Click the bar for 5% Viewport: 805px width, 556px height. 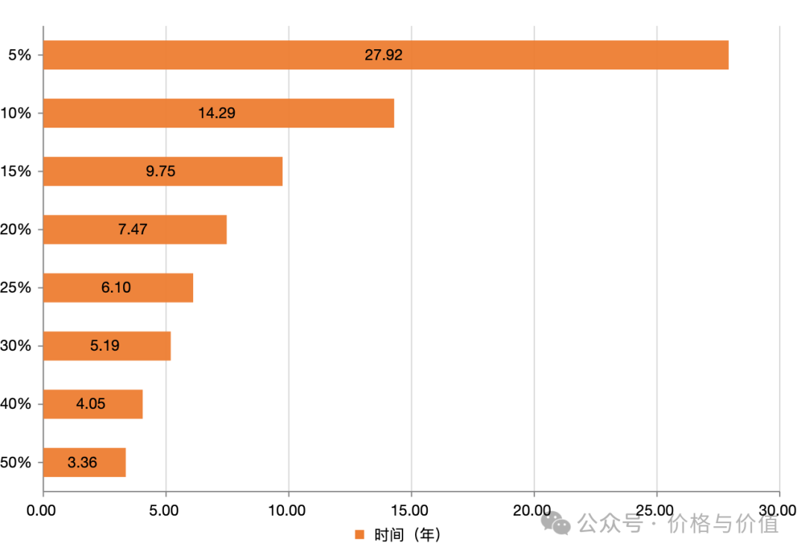385,55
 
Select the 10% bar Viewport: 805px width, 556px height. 218,113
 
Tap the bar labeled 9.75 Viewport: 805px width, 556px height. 162,172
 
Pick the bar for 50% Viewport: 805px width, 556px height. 84,463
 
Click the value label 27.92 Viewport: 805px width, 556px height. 384,55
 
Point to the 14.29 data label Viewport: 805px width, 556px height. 218,113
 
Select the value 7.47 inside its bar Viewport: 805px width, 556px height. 133,230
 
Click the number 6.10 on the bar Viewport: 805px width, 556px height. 116,287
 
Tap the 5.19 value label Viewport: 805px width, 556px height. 104,346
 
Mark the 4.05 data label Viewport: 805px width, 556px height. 91,404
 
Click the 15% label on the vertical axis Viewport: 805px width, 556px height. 16,172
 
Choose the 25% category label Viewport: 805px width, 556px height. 16,287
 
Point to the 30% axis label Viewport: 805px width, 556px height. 16,346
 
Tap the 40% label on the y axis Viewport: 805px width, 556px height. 16,404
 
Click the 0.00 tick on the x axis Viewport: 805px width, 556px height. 42,510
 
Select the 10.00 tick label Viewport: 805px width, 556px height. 288,510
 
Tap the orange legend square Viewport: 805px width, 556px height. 359,534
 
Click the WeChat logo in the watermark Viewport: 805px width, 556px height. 555,522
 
